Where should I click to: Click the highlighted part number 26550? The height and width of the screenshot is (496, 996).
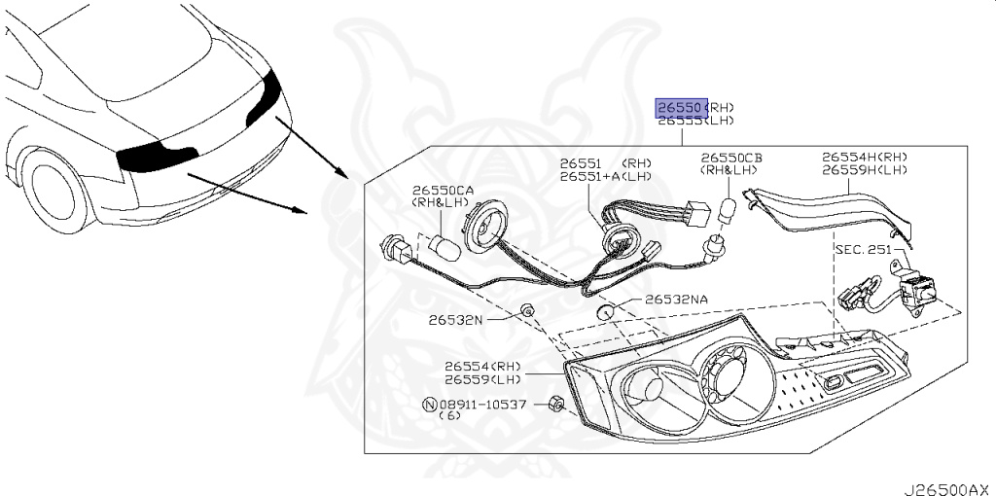[x=679, y=107]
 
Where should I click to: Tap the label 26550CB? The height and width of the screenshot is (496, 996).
[x=731, y=157]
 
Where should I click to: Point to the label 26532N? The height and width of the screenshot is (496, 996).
[x=452, y=318]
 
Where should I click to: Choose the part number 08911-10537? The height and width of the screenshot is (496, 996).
[x=482, y=404]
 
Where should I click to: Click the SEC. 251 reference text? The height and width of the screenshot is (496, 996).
[x=862, y=249]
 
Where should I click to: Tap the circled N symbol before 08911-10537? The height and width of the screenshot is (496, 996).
[x=429, y=404]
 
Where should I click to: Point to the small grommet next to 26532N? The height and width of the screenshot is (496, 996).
[x=526, y=310]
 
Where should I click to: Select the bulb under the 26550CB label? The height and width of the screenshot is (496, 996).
[x=725, y=206]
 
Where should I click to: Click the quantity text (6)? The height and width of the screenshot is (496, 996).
[x=449, y=416]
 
